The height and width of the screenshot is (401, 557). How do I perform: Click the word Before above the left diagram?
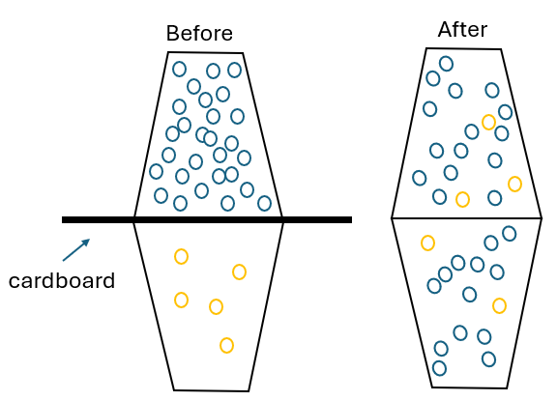point(199,34)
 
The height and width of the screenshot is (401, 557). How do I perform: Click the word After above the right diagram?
point(462,29)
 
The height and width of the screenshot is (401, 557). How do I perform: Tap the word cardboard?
point(62,280)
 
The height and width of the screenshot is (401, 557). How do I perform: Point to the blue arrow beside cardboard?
point(76,250)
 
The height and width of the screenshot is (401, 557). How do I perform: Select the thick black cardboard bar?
point(207,219)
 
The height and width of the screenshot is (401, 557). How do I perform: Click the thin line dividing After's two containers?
point(466,217)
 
